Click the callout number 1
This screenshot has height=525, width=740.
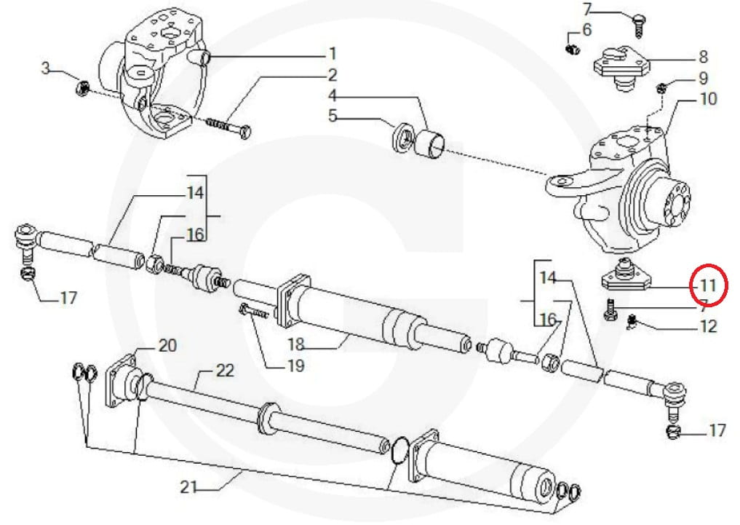[x=332, y=53]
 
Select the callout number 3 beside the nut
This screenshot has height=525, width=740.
[x=46, y=69]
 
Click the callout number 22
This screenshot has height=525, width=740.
[x=226, y=372]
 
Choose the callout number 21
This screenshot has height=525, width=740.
[x=189, y=488]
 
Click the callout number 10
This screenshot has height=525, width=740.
[x=708, y=98]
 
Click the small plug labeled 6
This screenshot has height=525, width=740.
[x=571, y=48]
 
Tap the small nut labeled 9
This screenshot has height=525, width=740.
[x=661, y=89]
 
